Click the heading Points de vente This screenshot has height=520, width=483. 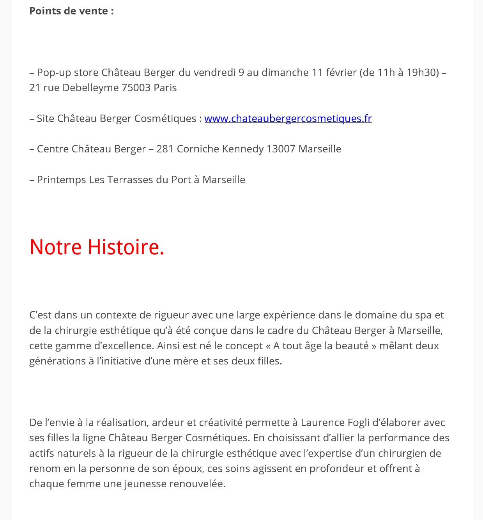(71, 11)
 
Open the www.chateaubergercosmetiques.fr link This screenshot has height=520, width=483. (288, 119)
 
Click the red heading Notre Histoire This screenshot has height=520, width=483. (97, 247)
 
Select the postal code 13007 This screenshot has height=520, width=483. (281, 149)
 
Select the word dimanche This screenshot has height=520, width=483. (285, 73)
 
